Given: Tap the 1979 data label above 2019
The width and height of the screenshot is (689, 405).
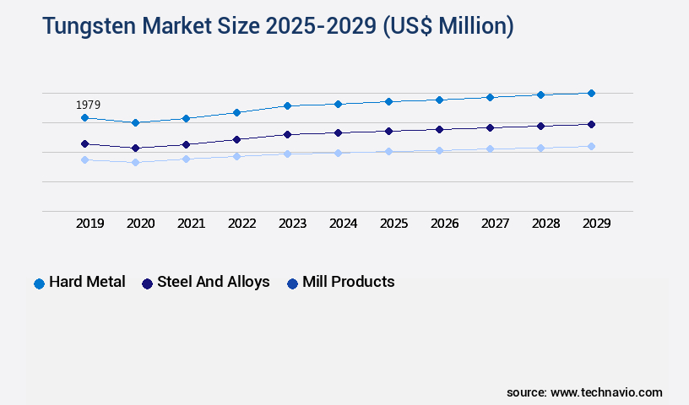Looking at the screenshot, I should [88, 105].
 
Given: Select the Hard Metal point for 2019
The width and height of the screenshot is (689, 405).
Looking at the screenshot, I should [84, 118].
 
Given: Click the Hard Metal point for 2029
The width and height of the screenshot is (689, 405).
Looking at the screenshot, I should [591, 93].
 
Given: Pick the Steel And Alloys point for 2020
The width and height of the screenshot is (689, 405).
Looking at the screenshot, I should [135, 148].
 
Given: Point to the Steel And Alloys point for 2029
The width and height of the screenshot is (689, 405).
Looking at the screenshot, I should [591, 124].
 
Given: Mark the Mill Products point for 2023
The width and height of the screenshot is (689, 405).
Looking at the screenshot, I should [287, 154].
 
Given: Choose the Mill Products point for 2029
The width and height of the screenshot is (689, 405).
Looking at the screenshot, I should [591, 146].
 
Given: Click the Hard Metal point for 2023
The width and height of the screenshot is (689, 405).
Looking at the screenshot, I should [287, 105].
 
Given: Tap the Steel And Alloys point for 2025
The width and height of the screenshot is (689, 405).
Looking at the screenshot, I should [388, 131].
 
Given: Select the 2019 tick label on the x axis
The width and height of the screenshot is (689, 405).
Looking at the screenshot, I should [90, 224].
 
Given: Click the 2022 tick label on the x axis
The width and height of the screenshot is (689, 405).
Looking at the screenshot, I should [242, 224].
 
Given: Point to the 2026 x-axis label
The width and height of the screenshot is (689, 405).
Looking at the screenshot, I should [444, 224].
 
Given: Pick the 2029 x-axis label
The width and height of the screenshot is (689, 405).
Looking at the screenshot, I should [596, 224].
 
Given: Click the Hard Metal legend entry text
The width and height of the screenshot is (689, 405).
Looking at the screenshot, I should [87, 282].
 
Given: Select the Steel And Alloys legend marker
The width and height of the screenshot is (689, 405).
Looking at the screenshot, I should [147, 283].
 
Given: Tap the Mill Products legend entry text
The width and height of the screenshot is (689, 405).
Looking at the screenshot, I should [348, 282].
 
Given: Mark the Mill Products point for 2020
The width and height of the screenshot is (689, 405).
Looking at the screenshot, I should [135, 162].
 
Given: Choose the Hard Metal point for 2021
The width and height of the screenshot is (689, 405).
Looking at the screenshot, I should [186, 118].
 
